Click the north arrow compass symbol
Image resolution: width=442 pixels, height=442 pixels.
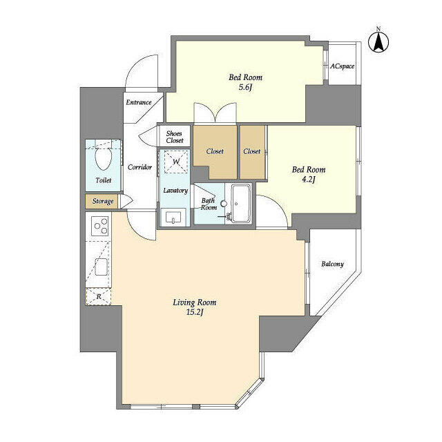click(x=379, y=41)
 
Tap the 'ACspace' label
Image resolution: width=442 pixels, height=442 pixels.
click(x=342, y=66)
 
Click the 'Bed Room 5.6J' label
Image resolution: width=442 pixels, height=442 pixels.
click(x=245, y=83)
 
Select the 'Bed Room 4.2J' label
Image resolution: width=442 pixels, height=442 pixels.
click(x=309, y=175)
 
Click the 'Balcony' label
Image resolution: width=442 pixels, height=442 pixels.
click(x=332, y=264)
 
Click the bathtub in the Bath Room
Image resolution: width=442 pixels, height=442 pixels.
click(x=241, y=204)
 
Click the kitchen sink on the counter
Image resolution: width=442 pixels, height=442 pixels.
click(x=100, y=264)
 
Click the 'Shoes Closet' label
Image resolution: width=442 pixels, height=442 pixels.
click(x=174, y=136)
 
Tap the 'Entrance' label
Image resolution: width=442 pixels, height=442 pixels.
click(x=138, y=102)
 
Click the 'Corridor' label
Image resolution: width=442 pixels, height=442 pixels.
click(x=140, y=167)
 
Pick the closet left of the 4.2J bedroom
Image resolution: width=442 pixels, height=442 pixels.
click(x=252, y=151)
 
